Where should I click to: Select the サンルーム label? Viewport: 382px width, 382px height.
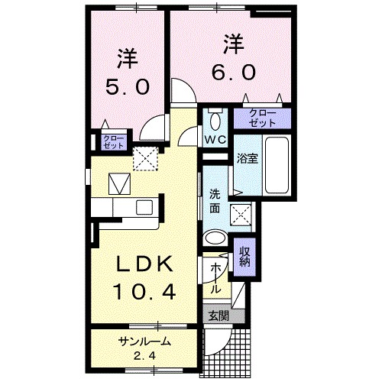(x=144, y=342)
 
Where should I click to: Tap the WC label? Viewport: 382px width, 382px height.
(x=213, y=140)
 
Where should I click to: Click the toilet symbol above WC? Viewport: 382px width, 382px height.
(x=214, y=120)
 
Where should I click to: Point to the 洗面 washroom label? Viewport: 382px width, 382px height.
(x=215, y=199)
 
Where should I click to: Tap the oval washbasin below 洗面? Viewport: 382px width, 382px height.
(x=216, y=236)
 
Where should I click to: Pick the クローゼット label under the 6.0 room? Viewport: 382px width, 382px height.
(x=261, y=118)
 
